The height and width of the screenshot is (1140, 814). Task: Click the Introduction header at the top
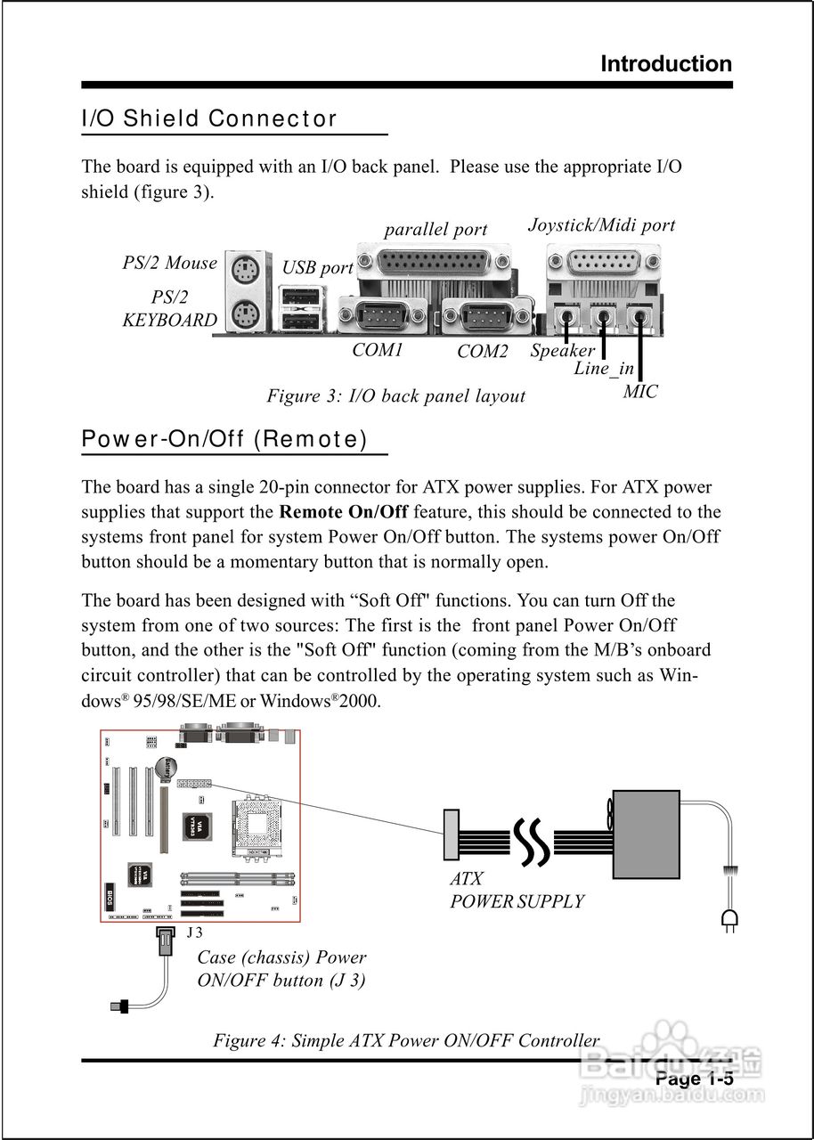[666, 64]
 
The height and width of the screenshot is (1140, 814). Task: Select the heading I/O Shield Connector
[209, 118]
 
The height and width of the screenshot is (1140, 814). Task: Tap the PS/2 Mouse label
[169, 263]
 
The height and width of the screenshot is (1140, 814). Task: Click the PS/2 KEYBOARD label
[169, 309]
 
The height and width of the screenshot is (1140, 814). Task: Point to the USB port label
[317, 267]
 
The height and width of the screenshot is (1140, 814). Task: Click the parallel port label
[435, 229]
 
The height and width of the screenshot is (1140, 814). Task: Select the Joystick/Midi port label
[601, 224]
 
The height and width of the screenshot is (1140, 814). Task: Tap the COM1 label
[378, 349]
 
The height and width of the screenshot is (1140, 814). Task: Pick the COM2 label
[482, 351]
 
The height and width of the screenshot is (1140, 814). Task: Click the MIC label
[640, 391]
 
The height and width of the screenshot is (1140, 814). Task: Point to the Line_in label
[604, 368]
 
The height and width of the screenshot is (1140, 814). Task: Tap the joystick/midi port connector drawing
[603, 264]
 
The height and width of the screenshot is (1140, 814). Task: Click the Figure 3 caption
[396, 395]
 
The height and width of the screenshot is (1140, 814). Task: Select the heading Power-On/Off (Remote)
[224, 439]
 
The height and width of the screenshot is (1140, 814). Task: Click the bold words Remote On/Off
[343, 512]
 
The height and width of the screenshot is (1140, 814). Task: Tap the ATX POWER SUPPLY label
[517, 890]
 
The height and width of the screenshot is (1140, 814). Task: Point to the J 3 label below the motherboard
[194, 932]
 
